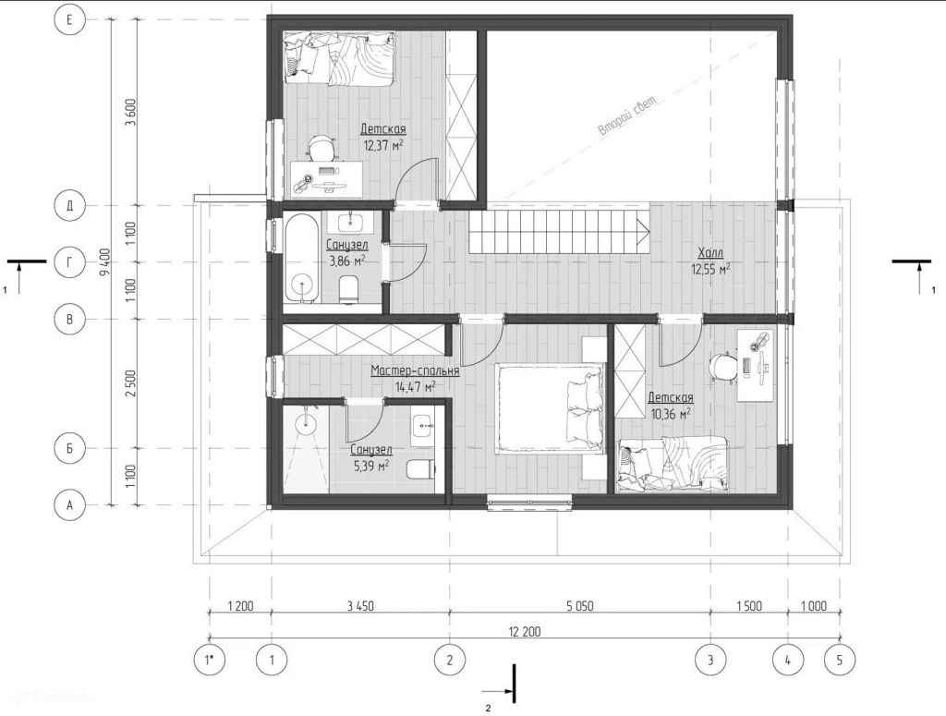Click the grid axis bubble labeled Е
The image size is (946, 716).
coord(69,20)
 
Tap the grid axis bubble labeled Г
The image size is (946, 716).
coord(69,261)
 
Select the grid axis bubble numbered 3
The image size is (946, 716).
coord(710,660)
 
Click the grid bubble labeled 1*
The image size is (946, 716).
coord(210,660)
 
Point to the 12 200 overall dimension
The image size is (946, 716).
coord(525,632)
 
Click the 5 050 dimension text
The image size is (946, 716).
coord(579,606)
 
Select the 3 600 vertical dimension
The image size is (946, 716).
coord(130,113)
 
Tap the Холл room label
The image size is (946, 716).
coord(710,253)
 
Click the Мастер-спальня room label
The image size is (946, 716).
coord(415,371)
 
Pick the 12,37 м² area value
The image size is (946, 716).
coord(383,145)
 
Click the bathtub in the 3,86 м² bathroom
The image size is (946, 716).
coord(302,256)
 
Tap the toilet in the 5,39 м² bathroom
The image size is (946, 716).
coord(421,468)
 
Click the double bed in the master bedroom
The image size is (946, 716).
coord(550,407)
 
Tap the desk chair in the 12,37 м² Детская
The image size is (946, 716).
coord(321,149)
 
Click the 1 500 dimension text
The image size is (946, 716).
coord(749,606)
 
